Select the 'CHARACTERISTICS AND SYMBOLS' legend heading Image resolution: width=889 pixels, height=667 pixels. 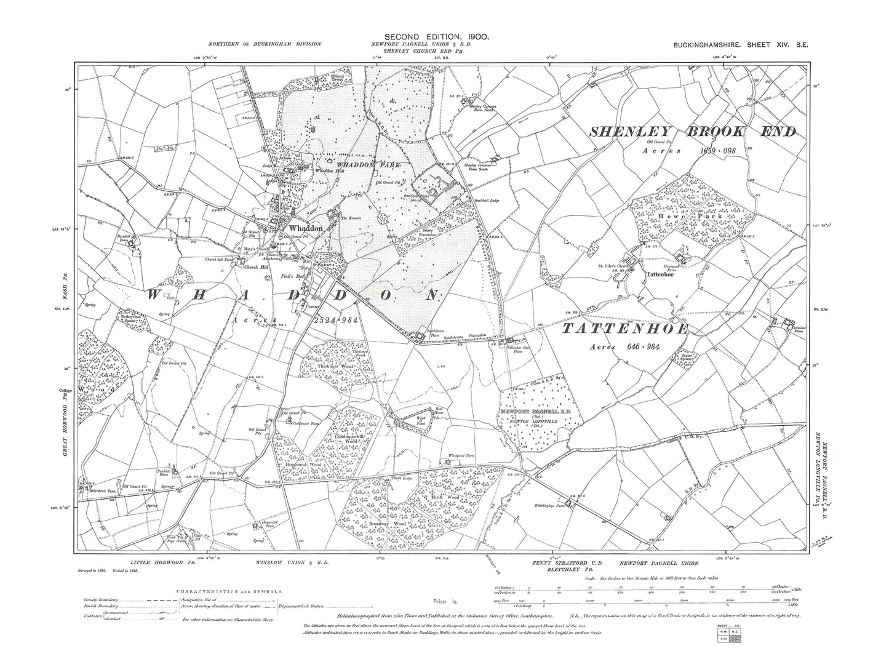[x=229, y=591]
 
